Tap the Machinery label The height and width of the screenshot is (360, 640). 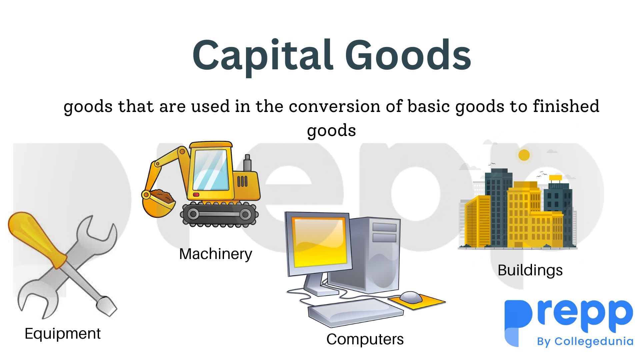tap(215, 254)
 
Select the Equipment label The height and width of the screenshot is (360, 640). tap(63, 334)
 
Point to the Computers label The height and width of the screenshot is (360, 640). tap(365, 339)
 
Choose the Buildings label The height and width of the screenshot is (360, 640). tap(530, 270)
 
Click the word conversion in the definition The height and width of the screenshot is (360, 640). tap(334, 107)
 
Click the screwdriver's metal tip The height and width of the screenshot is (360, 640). tap(108, 305)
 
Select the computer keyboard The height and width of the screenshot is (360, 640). tap(355, 311)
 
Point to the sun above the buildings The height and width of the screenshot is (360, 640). tap(524, 155)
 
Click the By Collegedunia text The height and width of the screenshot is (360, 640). tap(585, 342)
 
